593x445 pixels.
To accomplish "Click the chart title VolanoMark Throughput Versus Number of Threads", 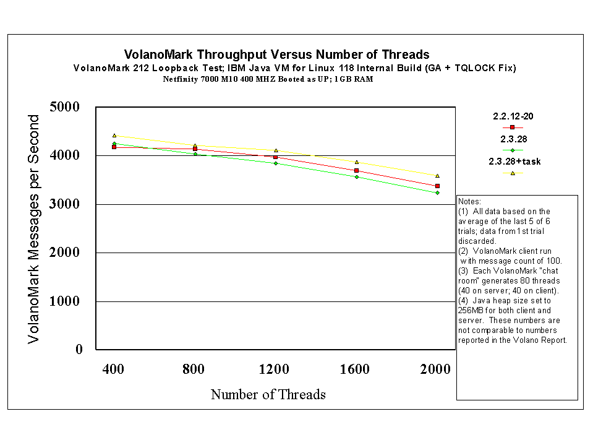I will (276, 55).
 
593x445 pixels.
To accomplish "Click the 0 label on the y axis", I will (79, 350).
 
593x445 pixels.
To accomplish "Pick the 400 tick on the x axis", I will (113, 369).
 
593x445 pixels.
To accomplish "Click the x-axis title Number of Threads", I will (268, 394).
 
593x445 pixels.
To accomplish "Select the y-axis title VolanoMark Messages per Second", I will (35, 229).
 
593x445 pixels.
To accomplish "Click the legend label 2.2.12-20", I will (513, 116).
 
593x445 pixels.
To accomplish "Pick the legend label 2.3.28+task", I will (514, 162).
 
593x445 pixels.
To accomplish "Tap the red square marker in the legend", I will (513, 127).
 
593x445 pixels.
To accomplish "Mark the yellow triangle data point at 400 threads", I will (114, 136).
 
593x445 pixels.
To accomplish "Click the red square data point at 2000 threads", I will (437, 186).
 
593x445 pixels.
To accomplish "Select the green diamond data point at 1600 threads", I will (357, 177).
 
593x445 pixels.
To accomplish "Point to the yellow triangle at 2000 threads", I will (437, 176).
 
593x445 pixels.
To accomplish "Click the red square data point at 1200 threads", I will (276, 157).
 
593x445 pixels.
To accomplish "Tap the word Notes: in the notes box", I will (469, 202).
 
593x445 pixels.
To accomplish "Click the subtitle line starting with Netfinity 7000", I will (268, 79).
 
